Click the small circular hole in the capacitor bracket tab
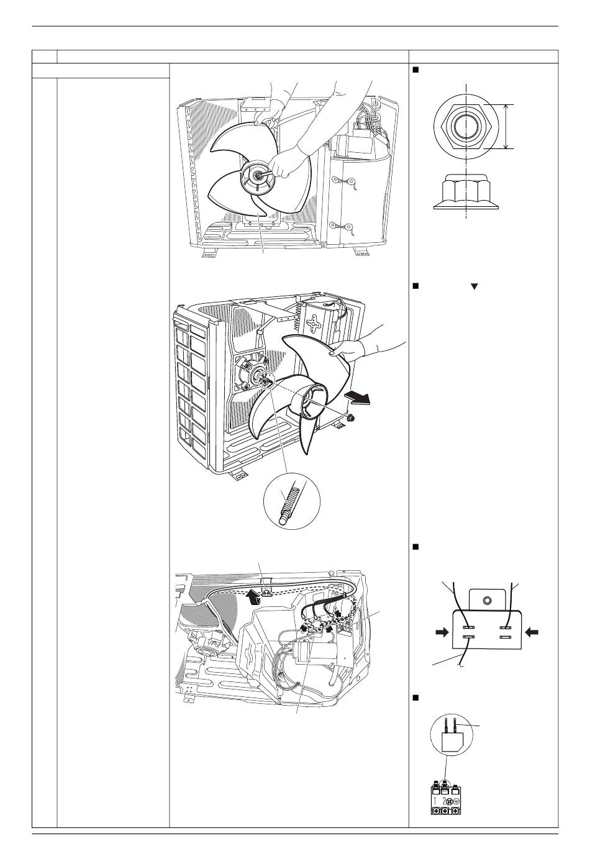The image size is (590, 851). (x=486, y=600)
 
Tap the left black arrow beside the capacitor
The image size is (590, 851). (x=442, y=632)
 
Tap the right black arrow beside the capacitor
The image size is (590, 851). (x=532, y=632)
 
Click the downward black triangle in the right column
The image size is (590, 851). (x=474, y=287)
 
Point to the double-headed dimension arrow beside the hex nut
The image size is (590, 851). (x=506, y=126)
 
